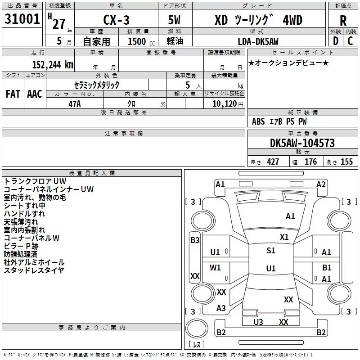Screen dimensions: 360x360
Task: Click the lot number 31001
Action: [x=22, y=19]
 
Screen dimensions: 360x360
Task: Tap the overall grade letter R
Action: [x=343, y=21]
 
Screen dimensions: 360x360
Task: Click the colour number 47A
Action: [x=74, y=103]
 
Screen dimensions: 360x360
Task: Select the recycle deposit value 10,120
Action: [x=224, y=104]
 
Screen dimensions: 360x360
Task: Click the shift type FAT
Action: [x=13, y=94]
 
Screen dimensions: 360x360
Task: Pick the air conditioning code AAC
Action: [x=34, y=94]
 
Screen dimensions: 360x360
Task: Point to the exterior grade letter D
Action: [x=335, y=41]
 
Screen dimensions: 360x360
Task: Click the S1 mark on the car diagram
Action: [x=270, y=251]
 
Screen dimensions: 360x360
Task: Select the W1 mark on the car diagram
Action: [x=216, y=268]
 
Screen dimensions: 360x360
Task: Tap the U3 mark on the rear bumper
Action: [x=258, y=322]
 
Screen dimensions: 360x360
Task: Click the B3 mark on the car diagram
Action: [x=195, y=240]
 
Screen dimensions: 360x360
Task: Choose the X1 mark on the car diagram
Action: [x=284, y=237]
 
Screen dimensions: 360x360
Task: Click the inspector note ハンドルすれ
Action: [x=24, y=214]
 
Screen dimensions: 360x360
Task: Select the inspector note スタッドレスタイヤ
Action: [x=34, y=270]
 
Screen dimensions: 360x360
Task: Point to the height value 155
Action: [x=346, y=162]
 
